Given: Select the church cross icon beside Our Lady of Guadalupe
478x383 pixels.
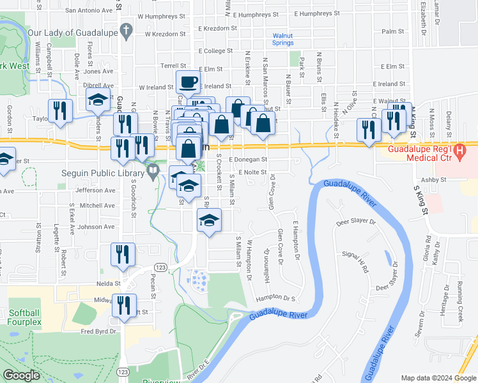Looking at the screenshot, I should point(127,30).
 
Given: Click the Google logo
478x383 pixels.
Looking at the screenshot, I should point(21,375).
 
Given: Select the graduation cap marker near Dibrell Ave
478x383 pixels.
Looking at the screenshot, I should point(98,100).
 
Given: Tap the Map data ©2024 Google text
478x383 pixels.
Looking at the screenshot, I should point(438,378).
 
